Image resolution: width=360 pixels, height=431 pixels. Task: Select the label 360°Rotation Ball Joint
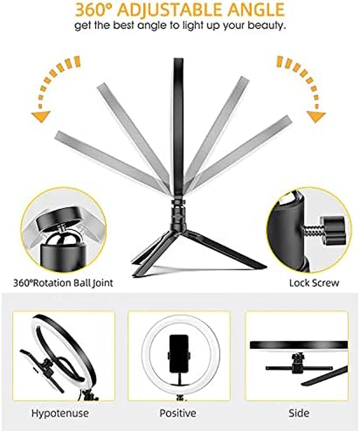(x=63, y=283)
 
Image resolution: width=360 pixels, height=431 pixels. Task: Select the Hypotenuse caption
(x=60, y=413)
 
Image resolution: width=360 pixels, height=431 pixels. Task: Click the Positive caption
(x=178, y=413)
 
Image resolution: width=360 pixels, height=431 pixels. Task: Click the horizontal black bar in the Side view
(x=298, y=345)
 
